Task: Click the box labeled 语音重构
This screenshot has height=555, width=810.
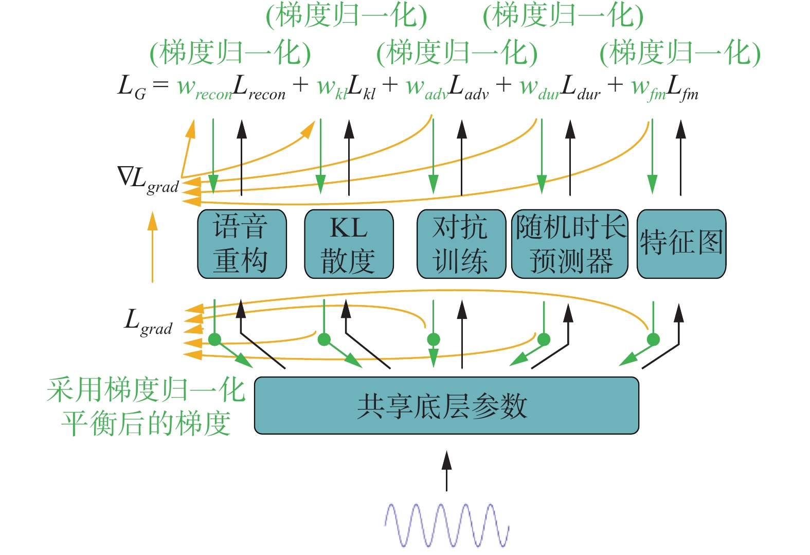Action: coord(242,244)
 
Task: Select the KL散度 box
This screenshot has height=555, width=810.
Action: coord(349,244)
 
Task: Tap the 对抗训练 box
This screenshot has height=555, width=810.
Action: coord(461,244)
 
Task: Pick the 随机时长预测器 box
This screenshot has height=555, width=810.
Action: coord(570,244)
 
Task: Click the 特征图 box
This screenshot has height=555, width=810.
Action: coord(681,244)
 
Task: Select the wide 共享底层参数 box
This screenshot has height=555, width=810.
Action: coord(446,405)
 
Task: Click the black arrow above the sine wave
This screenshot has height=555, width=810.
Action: coord(447,471)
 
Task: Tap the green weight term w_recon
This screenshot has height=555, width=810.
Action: coord(204,88)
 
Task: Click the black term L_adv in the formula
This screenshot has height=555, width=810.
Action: coord(469,87)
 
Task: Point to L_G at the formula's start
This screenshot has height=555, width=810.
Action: coord(132,87)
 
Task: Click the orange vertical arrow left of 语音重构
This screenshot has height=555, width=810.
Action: coord(153,247)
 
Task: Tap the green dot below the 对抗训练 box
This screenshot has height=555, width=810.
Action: coord(434,339)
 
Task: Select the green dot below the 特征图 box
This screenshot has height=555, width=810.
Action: coord(653,339)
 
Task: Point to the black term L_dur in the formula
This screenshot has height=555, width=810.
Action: coord(581,87)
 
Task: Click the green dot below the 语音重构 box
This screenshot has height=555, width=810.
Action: coord(215,339)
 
